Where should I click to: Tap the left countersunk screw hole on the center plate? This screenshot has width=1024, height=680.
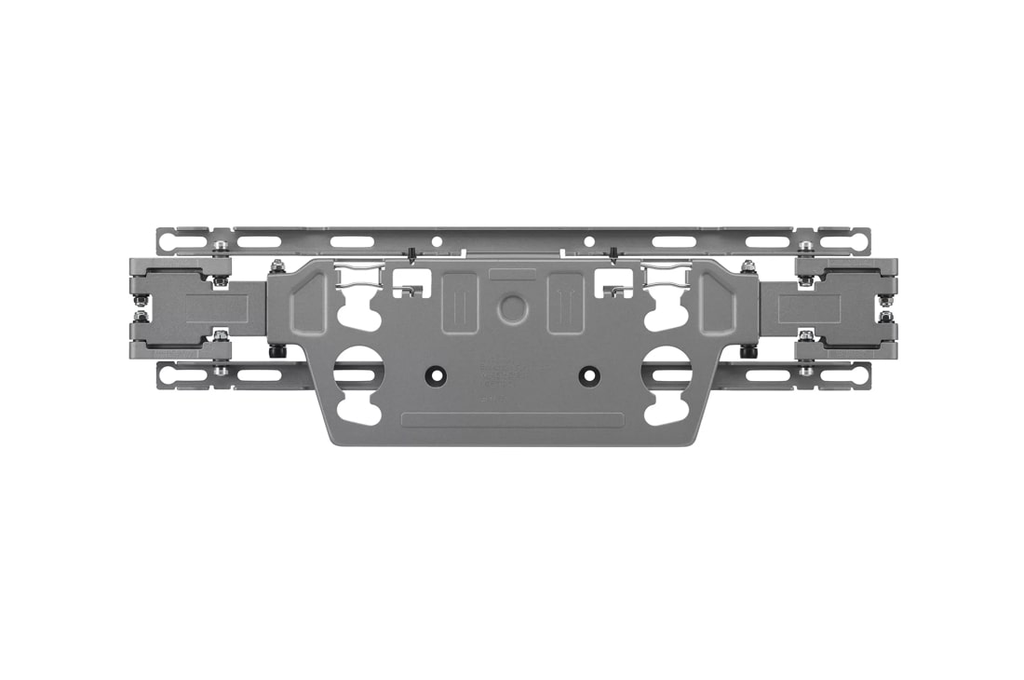[434, 374]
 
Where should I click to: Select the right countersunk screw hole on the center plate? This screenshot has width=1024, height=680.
[588, 374]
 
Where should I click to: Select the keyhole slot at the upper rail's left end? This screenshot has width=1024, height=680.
[174, 242]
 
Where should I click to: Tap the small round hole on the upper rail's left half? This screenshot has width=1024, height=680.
[436, 241]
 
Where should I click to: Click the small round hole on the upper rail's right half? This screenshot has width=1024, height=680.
[588, 241]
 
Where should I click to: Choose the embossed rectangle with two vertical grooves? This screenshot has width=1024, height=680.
[565, 302]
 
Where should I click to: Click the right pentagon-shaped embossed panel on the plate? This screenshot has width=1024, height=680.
[718, 303]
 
